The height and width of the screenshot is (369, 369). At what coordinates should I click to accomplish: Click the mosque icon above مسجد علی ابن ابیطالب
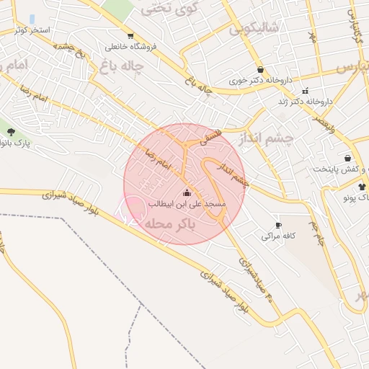[x=187, y=192]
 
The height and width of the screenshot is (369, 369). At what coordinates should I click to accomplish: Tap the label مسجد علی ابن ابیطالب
[x=187, y=204]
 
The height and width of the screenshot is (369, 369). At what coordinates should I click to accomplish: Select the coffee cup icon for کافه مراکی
[x=278, y=226]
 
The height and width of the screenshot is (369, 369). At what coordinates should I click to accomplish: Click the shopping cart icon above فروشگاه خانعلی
[x=130, y=35]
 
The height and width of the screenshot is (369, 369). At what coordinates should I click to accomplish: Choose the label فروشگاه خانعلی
[x=130, y=46]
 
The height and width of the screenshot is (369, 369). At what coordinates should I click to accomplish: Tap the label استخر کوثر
[x=31, y=30]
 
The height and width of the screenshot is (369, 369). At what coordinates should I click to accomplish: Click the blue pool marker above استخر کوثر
[x=32, y=19]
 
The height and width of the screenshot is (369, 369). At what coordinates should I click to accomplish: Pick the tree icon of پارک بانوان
[x=11, y=131]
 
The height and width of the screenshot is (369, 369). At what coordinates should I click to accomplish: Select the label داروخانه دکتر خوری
[x=259, y=81]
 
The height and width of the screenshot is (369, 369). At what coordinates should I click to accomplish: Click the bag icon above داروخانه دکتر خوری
[x=259, y=70]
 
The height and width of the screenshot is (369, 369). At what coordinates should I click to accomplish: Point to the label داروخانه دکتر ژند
[x=306, y=102]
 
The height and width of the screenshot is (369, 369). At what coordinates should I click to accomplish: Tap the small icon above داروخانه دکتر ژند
[x=306, y=91]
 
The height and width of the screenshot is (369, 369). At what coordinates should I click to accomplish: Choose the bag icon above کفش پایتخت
[x=348, y=158]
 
